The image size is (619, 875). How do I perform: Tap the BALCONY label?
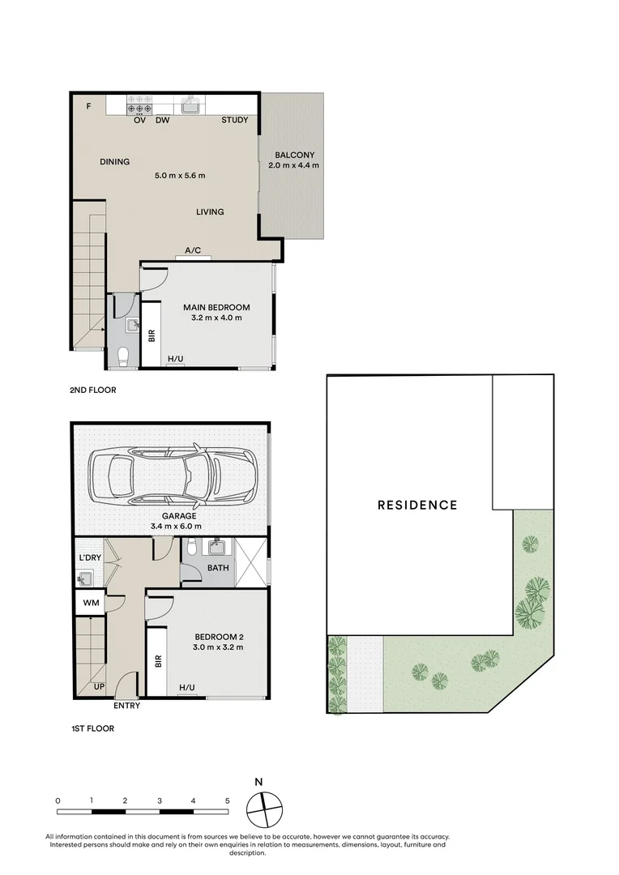[294, 156]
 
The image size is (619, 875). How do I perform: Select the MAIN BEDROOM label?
[216, 307]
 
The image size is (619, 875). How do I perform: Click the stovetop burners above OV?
[139, 107]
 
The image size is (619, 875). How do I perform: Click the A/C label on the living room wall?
[193, 251]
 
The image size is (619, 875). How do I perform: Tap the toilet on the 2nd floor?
[124, 356]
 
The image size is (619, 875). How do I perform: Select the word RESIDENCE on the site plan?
[417, 505]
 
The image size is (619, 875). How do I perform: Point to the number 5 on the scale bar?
[227, 800]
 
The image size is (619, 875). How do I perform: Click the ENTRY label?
[127, 706]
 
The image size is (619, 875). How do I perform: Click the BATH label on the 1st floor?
[218, 568]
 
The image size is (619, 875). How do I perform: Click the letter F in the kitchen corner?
[89, 105]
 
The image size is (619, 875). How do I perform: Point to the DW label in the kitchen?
[162, 121]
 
